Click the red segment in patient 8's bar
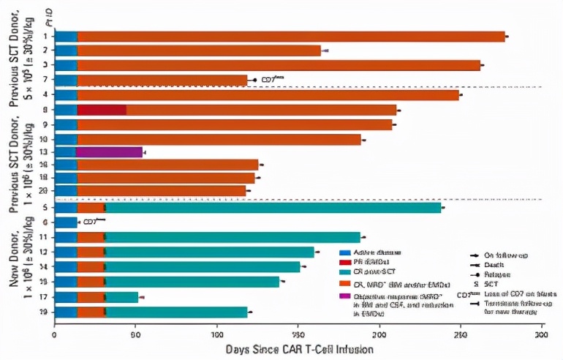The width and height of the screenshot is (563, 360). click(x=102, y=110)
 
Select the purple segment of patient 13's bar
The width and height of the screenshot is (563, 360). click(x=109, y=152)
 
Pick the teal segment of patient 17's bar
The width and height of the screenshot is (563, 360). click(x=122, y=297)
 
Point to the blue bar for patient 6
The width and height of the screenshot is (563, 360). click(x=66, y=222)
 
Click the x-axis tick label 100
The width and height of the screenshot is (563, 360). click(x=216, y=334)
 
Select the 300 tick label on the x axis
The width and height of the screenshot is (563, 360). click(x=540, y=334)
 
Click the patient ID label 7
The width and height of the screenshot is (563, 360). click(x=45, y=79)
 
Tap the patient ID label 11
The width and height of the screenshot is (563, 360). click(x=45, y=237)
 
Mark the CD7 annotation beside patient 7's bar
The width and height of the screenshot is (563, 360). click(x=272, y=78)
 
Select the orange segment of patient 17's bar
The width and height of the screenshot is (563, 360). click(x=91, y=297)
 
